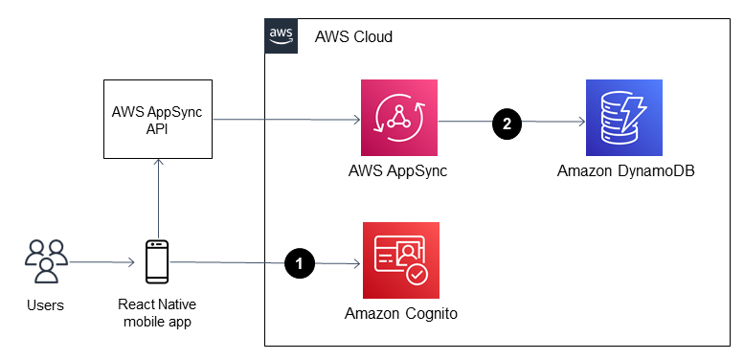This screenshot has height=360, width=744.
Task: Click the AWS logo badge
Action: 281,35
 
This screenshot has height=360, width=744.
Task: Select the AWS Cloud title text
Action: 353,36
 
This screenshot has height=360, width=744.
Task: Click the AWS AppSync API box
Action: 159,121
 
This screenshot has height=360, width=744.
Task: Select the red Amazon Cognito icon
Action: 400,259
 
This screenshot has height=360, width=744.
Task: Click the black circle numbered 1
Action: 300,261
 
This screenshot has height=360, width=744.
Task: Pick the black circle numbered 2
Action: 507,123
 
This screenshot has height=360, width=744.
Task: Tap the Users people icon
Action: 45,261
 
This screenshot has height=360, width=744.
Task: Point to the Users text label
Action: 45,305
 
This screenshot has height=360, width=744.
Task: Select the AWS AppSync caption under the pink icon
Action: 399,172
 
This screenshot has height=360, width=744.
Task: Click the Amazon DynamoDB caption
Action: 623,172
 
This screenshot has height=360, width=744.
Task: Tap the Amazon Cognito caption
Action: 400,313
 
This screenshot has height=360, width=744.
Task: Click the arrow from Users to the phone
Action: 101,261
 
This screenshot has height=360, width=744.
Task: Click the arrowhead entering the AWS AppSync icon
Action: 356,121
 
